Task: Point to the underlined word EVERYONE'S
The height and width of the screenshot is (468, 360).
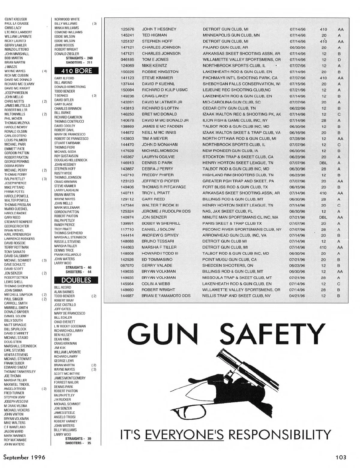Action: [184, 434]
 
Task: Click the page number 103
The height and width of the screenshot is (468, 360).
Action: [341, 457]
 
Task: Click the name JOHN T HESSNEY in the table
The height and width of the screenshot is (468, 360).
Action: [159, 29]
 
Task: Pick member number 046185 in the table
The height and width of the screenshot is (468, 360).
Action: [127, 60]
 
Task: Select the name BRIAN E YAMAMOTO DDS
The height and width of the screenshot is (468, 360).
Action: [166, 296]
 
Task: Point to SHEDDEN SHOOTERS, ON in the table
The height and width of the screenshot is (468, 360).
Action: [228, 265]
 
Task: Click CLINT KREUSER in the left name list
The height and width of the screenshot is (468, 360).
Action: [16, 19]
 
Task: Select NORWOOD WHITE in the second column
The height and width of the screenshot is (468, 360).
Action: [67, 19]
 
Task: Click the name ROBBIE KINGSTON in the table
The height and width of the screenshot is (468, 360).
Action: [160, 72]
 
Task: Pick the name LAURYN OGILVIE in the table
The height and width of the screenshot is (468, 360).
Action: [158, 157]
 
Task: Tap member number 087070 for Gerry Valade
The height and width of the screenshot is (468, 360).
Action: [127, 265]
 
